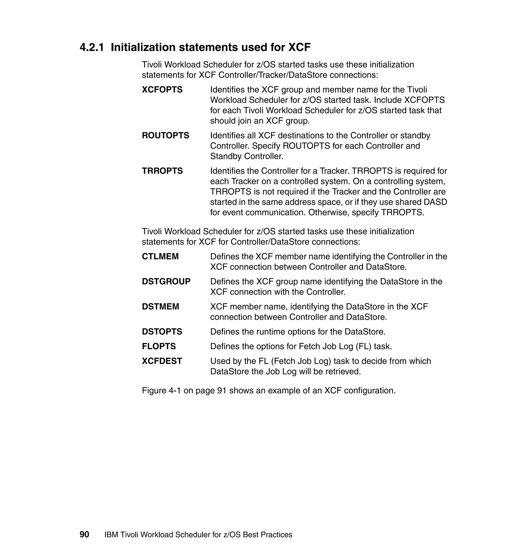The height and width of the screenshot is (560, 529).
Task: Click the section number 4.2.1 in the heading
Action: click(92, 47)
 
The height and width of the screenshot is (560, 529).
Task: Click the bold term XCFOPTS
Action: click(162, 90)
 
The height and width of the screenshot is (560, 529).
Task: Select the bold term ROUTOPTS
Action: click(166, 136)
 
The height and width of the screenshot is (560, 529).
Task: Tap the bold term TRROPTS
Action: click(162, 171)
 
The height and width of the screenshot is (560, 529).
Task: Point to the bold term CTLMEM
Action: click(160, 256)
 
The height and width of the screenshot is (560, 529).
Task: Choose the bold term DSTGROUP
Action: click(166, 281)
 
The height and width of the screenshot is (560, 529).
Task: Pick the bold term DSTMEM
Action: click(160, 307)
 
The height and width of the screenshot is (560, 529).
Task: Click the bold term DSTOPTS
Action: click(162, 332)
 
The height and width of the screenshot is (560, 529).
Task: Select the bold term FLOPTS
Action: click(159, 346)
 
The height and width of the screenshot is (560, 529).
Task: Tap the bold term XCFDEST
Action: click(162, 361)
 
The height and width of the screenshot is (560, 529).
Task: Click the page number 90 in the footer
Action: click(84, 535)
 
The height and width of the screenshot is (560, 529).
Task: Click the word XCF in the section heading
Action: click(299, 47)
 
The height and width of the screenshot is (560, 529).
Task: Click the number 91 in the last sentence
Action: click(222, 391)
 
